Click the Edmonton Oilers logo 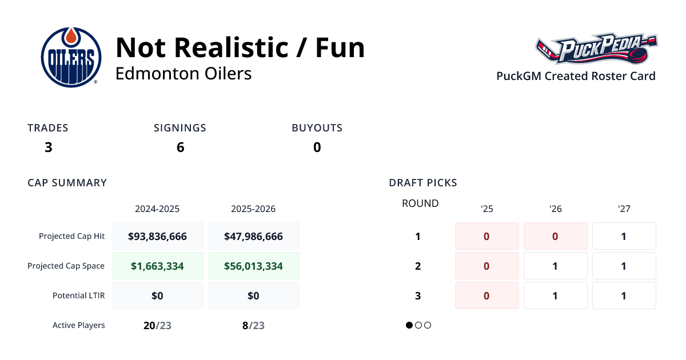(x=71, y=57)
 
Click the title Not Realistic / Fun (x=240, y=47)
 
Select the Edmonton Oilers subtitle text (x=184, y=74)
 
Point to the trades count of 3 (x=48, y=147)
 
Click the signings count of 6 (x=180, y=147)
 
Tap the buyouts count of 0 (x=317, y=147)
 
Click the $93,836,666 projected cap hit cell (x=158, y=236)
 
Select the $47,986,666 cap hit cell (x=253, y=236)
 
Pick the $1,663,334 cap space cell (x=158, y=266)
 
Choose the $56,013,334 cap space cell (x=253, y=266)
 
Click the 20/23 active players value (x=157, y=325)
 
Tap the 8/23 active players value (x=253, y=325)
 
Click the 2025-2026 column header (x=253, y=209)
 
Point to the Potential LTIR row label (x=78, y=295)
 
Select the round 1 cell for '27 (x=624, y=236)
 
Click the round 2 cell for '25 (x=486, y=266)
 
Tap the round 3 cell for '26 (x=555, y=295)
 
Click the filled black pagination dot (x=409, y=325)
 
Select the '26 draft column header (x=555, y=209)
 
